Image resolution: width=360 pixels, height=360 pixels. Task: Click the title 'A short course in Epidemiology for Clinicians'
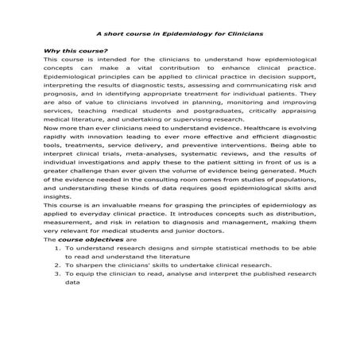click(x=179, y=34)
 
